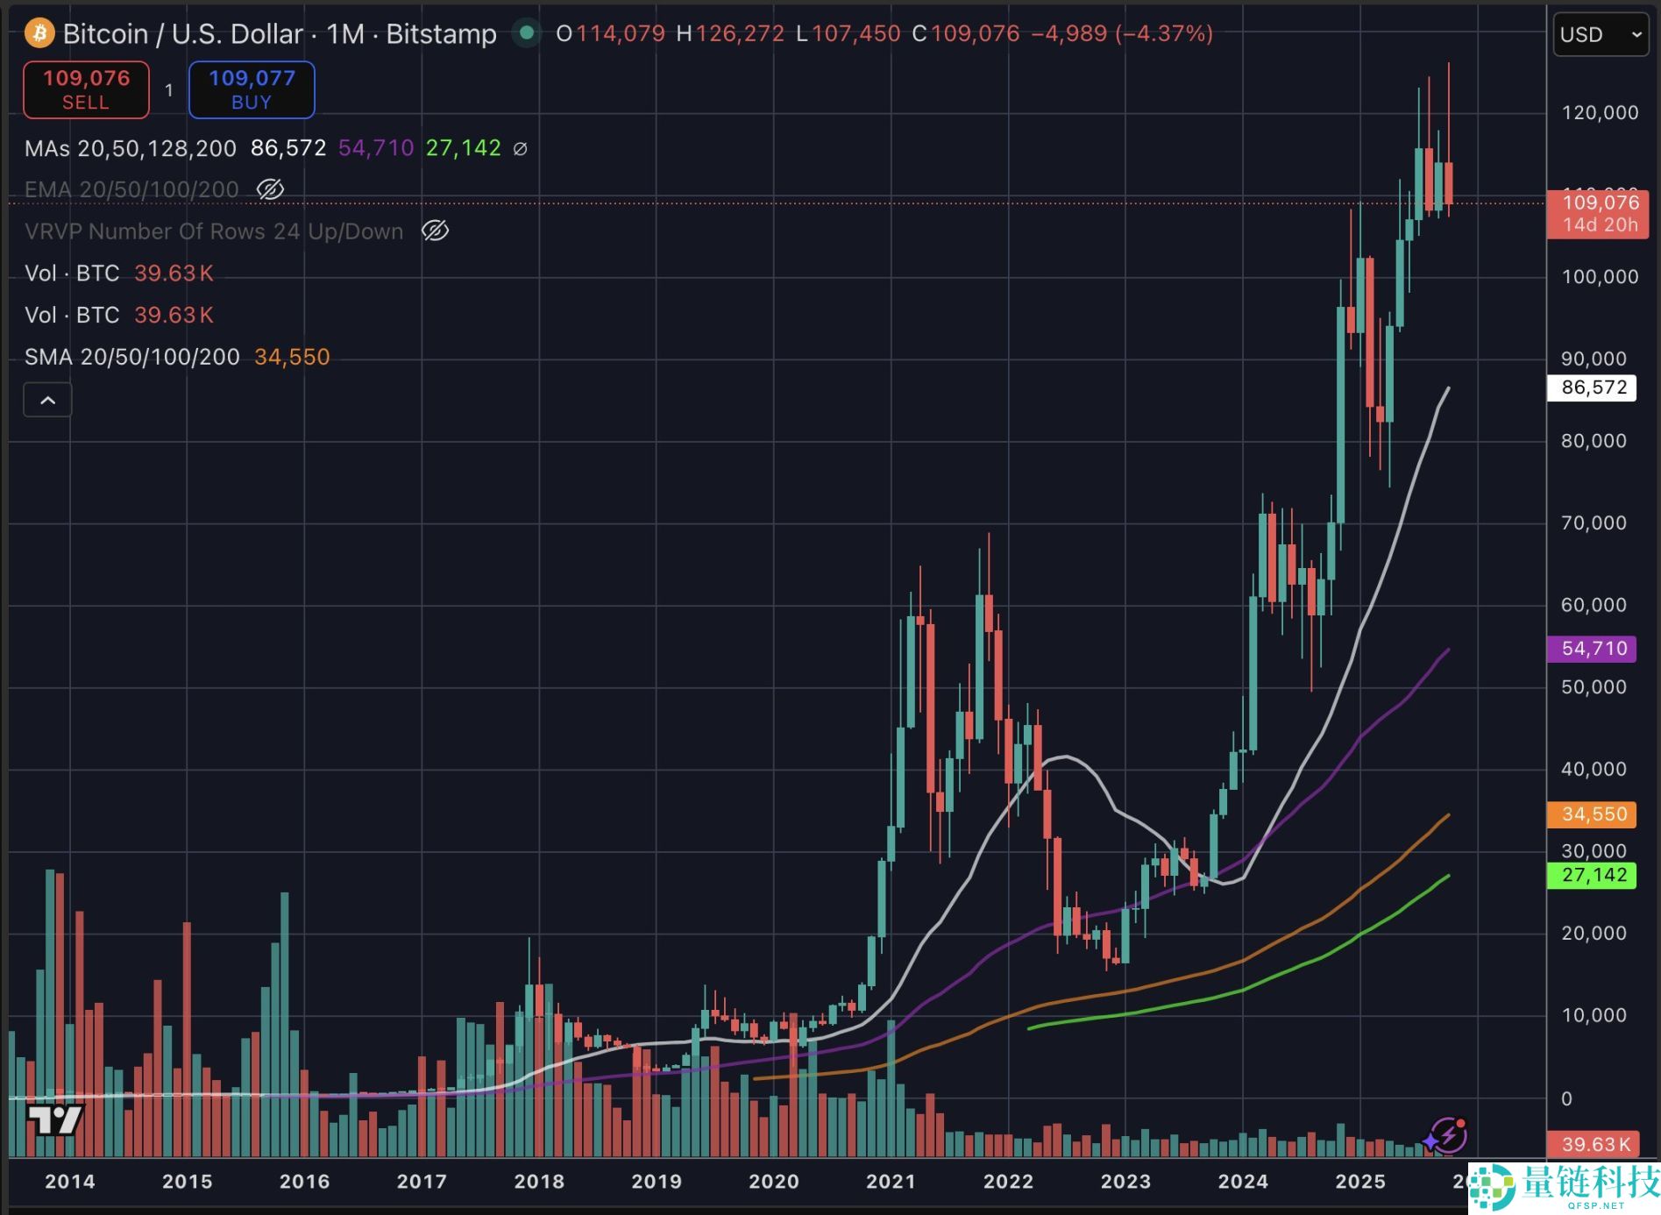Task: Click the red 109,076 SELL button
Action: click(86, 89)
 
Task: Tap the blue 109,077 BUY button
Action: click(252, 89)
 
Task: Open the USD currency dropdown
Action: click(1600, 34)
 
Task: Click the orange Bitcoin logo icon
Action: click(39, 34)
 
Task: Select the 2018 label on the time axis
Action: click(539, 1182)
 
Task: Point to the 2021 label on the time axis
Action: click(891, 1182)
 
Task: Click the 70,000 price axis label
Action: click(1594, 523)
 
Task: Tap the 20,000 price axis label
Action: click(1594, 934)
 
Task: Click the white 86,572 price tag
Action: click(1593, 387)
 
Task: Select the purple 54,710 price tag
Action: click(1593, 649)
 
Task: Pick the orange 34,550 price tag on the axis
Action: click(1593, 814)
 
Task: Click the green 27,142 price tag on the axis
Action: click(1593, 875)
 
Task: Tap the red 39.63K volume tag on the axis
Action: click(1594, 1144)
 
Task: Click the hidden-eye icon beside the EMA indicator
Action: click(270, 189)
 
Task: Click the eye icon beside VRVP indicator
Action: click(435, 231)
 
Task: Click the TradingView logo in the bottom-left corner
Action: click(54, 1119)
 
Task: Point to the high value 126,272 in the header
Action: click(740, 34)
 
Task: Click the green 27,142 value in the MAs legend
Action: click(463, 148)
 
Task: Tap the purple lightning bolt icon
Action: click(1447, 1135)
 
